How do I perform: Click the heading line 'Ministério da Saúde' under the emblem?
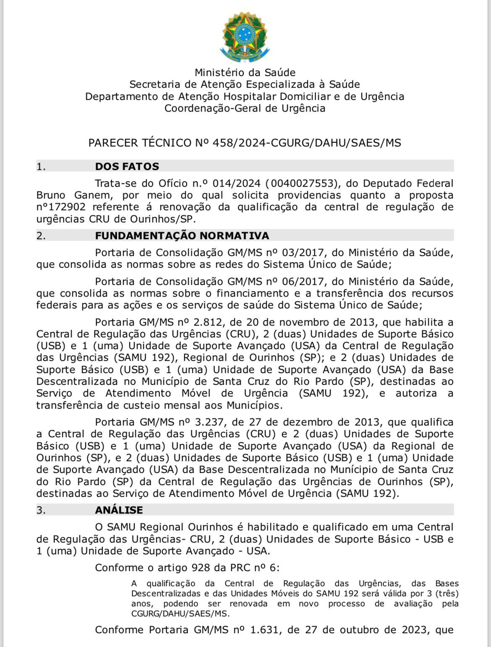[x=245, y=73]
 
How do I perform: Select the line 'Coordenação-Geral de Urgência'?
[x=245, y=108]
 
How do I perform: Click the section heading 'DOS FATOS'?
[x=127, y=166]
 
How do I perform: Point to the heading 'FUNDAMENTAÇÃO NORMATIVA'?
[x=182, y=235]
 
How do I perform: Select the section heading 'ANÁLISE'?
[x=119, y=510]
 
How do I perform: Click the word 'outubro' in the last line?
[x=360, y=630]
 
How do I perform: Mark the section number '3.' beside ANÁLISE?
[x=41, y=510]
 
